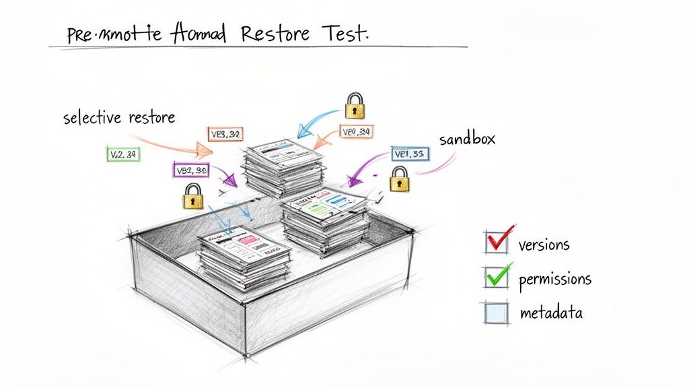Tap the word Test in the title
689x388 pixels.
(x=344, y=33)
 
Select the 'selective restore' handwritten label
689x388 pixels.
(x=119, y=118)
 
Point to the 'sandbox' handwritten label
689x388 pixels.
(x=467, y=139)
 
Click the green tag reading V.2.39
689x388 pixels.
(x=123, y=155)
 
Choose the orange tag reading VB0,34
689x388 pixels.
(x=357, y=132)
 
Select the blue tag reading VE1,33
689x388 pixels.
(x=410, y=154)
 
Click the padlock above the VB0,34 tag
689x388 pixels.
(x=355, y=106)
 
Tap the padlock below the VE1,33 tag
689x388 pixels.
(x=400, y=181)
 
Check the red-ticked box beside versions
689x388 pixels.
(x=496, y=241)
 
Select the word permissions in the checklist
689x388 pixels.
(x=555, y=279)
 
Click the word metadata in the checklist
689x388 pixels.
(x=551, y=313)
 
